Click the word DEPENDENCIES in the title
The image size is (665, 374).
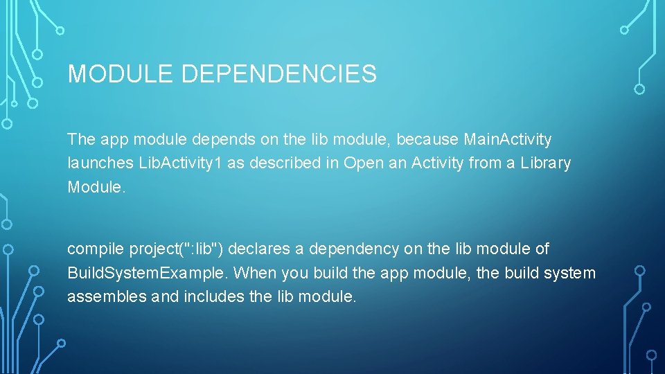coord(279,74)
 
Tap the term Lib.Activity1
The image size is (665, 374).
coord(173,163)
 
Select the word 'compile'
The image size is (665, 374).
coord(94,249)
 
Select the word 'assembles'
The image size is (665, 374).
coord(100,297)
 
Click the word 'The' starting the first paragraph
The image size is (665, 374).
coord(81,140)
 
